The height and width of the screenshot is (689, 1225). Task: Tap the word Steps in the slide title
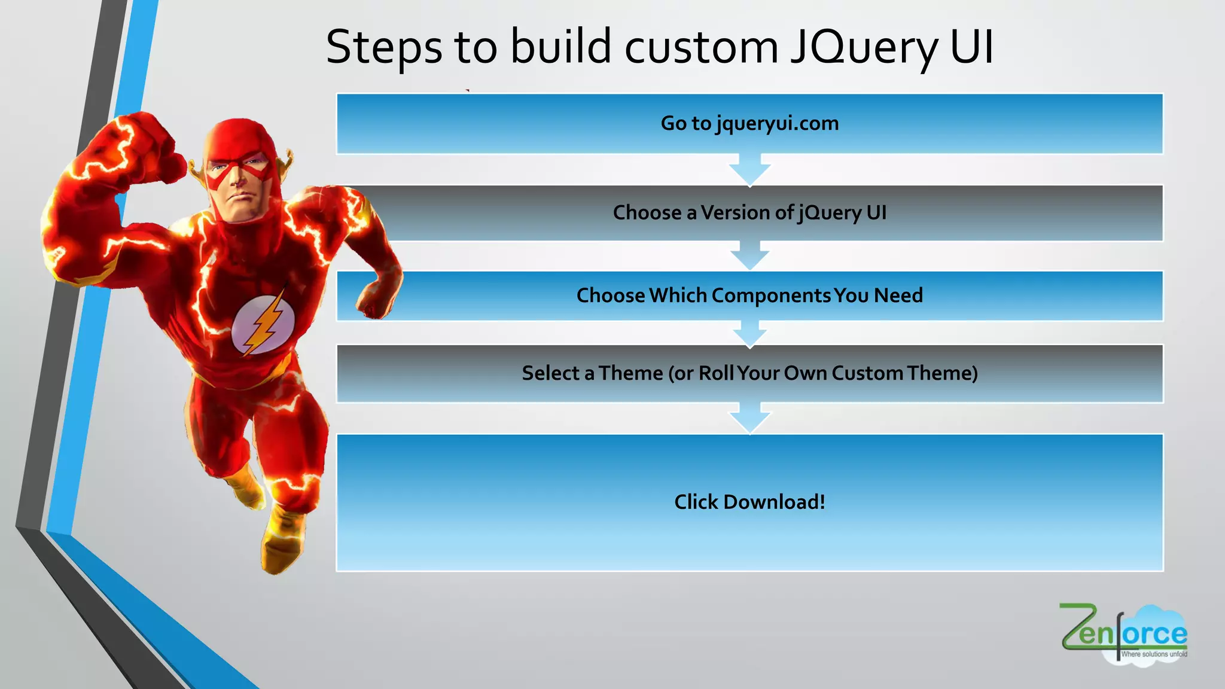(x=383, y=48)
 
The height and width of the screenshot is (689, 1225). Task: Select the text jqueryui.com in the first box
(x=778, y=124)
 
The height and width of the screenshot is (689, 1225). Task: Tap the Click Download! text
(x=749, y=502)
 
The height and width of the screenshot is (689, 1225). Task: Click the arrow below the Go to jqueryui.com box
(x=749, y=170)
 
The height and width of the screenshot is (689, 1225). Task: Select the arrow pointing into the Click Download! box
(x=749, y=418)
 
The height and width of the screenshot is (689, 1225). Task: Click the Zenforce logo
(x=1123, y=634)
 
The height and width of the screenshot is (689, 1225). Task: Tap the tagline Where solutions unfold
(x=1153, y=654)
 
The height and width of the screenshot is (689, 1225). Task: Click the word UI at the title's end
(x=971, y=48)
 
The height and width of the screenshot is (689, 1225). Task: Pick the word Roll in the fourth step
(x=716, y=373)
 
